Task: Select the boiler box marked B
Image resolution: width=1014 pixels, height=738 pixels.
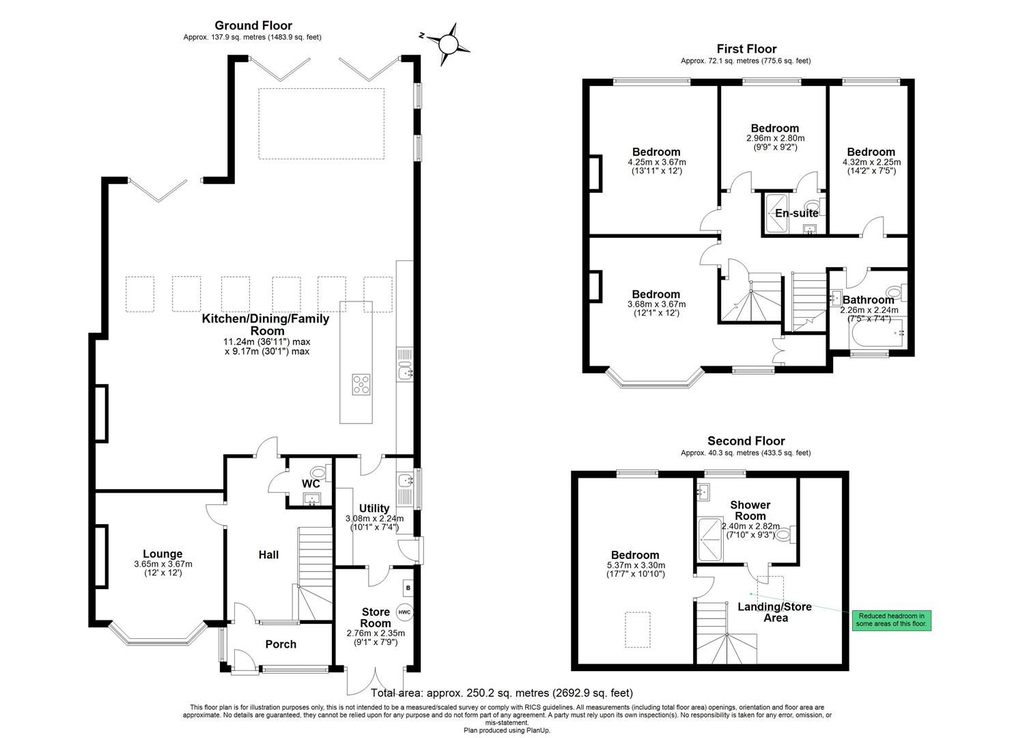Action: (x=408, y=588)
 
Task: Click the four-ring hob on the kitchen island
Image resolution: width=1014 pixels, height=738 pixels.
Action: (x=361, y=385)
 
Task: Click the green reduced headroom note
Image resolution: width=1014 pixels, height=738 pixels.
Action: (x=891, y=620)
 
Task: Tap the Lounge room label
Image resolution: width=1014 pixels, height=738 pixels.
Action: (x=163, y=553)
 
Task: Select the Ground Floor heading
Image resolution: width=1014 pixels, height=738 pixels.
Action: (x=253, y=26)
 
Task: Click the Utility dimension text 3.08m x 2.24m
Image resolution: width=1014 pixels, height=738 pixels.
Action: (x=374, y=519)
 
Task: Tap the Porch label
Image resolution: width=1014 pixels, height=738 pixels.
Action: (x=281, y=644)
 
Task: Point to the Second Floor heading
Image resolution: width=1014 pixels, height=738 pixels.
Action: (x=746, y=441)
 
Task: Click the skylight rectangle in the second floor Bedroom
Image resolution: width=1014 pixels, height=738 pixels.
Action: (x=638, y=629)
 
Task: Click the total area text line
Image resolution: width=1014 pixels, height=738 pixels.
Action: (x=501, y=693)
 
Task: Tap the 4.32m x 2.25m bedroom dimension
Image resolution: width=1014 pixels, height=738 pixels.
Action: (x=871, y=162)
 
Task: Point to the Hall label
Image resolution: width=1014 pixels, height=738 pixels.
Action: (x=268, y=555)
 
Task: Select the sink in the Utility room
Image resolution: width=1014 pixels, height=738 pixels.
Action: (x=403, y=481)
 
